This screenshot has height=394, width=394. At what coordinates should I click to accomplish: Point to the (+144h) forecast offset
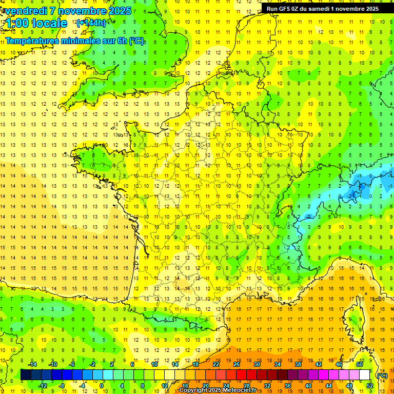click(x=91, y=23)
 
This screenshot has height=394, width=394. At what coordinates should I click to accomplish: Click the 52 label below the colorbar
click(x=370, y=385)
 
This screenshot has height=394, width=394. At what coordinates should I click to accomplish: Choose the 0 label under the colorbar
click(x=102, y=385)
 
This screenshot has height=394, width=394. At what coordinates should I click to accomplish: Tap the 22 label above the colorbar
click(x=216, y=364)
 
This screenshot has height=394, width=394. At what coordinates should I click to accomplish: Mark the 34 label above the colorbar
click(x=278, y=364)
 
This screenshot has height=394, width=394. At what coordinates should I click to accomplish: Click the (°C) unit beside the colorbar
click(x=382, y=375)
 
